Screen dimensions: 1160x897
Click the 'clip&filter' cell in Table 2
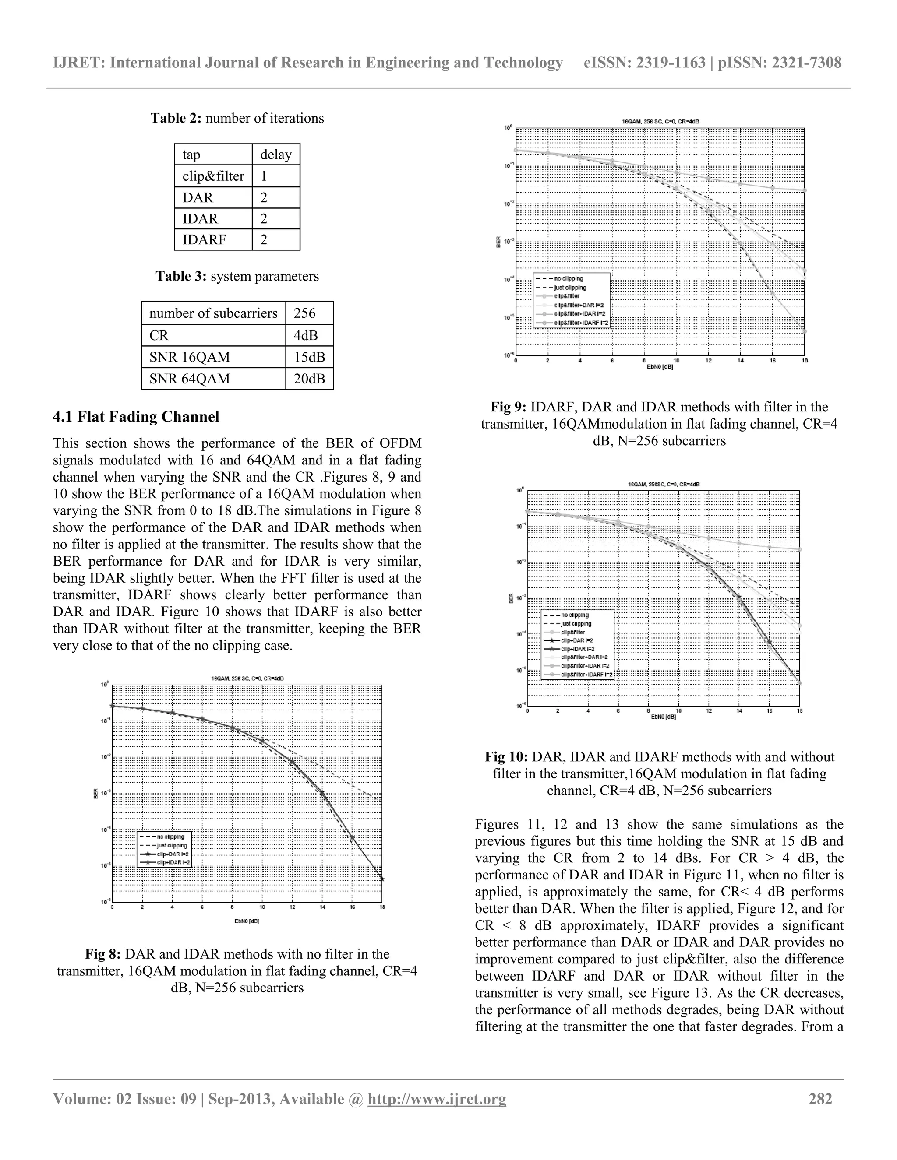[213, 176]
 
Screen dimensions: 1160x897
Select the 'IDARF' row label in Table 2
[205, 240]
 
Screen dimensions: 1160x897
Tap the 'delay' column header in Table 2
[276, 155]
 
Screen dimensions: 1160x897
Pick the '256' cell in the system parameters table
[304, 313]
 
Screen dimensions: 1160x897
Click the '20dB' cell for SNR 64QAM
[309, 379]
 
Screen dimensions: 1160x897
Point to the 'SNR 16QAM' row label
[190, 357]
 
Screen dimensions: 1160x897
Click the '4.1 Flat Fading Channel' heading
[136, 417]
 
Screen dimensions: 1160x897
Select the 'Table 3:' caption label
[181, 276]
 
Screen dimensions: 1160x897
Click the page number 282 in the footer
[820, 1098]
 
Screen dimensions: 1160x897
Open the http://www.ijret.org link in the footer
[437, 1098]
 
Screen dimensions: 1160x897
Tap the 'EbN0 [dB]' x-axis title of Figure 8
[247, 921]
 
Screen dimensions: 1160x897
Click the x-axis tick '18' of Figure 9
[805, 361]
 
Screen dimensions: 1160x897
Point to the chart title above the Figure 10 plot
[663, 485]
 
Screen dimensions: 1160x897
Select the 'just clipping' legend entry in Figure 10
[576, 623]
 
